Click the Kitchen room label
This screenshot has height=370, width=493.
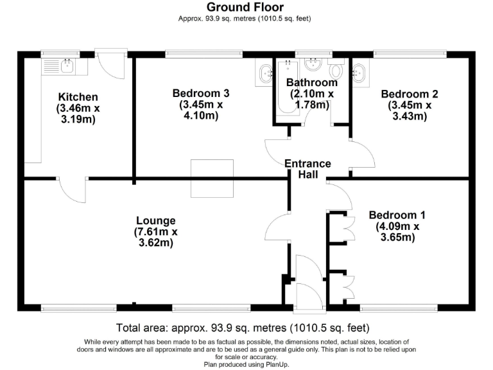tap(78, 96)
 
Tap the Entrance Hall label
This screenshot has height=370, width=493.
tap(308, 169)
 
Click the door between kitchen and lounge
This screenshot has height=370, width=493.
tap(72, 189)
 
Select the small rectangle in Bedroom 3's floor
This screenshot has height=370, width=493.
tap(212, 178)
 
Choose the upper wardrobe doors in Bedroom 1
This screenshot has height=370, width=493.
tap(347, 227)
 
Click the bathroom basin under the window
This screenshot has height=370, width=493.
tap(313, 64)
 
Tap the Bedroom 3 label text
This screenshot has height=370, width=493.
tap(200, 93)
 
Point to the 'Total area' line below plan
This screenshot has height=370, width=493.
tap(243, 326)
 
